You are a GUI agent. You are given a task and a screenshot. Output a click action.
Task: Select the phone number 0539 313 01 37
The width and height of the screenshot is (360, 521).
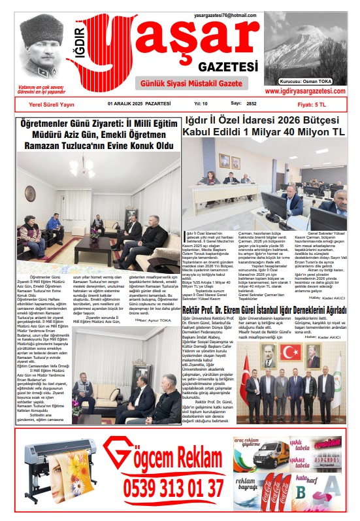pos(174,488)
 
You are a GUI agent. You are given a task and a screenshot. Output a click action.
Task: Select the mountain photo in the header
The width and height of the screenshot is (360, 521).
pos(306,40)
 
